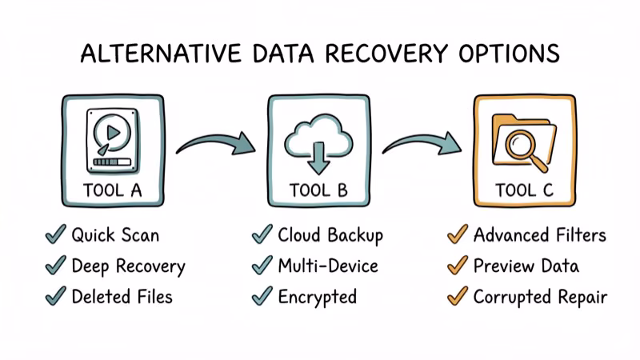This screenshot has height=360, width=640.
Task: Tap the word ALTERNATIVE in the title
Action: coord(149,54)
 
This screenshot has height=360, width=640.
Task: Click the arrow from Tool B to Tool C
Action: coord(422,144)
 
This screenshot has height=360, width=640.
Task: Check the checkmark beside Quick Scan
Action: coord(55,234)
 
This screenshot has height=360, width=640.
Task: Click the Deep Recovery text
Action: coord(128,266)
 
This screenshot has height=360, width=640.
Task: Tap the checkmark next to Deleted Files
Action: coord(55,296)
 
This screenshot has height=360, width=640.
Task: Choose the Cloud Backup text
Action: coord(330,235)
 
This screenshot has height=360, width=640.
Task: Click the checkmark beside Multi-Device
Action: coord(262,266)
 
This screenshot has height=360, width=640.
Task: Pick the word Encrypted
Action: coord(317,297)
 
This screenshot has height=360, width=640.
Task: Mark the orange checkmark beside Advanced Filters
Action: coord(457,234)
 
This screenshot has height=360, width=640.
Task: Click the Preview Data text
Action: coord(526,266)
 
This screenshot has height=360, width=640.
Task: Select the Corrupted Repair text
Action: coord(540,297)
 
